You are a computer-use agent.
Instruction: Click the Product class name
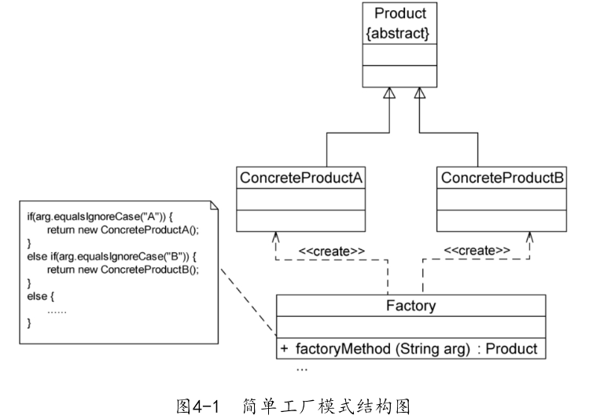pos(399,13)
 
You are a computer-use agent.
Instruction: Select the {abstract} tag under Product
pos(399,34)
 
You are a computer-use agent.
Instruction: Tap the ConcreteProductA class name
pos(300,178)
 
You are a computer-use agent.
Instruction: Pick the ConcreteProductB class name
pos(502,178)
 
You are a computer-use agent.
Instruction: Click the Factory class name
pos(410,305)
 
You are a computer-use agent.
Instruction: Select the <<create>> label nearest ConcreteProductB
pos(477,251)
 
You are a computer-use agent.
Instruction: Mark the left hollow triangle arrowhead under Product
pos(388,93)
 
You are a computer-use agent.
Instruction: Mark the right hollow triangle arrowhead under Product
pos(420,93)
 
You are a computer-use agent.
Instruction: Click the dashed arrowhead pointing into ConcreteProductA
pos(274,236)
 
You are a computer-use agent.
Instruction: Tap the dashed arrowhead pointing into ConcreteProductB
pos(530,236)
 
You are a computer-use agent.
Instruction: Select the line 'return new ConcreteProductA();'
pos(123,229)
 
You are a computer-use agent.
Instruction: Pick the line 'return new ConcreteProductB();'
pos(123,269)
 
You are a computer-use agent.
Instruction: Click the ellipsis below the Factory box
pos(302,368)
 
